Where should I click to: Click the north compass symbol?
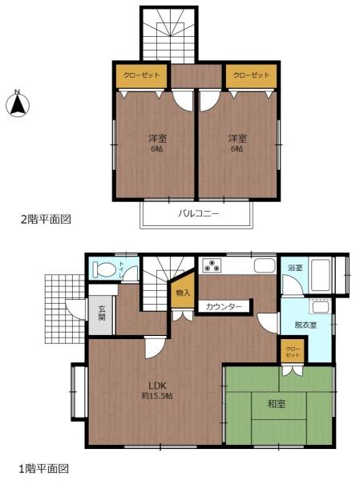pyautogui.click(x=18, y=103)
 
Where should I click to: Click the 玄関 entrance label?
pyautogui.click(x=103, y=313)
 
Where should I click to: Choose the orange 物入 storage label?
pyautogui.click(x=183, y=293)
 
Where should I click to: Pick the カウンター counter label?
pyautogui.click(x=222, y=306)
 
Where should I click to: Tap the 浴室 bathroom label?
pyautogui.click(x=294, y=267)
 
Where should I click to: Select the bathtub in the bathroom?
pyautogui.click(x=322, y=274)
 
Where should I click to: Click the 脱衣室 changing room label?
pyautogui.click(x=305, y=325)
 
